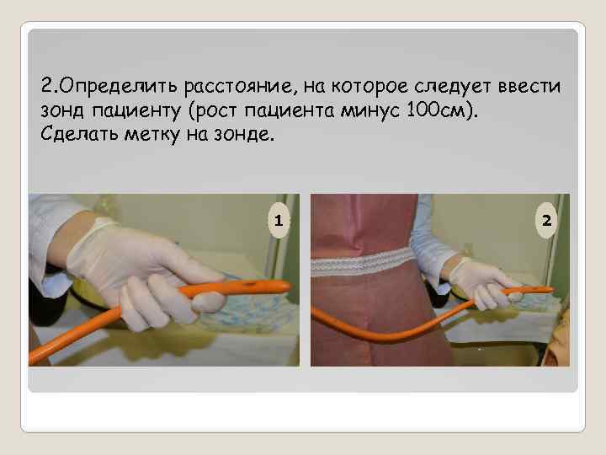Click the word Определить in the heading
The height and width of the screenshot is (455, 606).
[x=119, y=86]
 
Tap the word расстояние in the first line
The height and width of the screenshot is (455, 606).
[x=238, y=86]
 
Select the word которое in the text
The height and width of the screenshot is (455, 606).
[x=369, y=86]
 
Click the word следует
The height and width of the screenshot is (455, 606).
[x=453, y=86]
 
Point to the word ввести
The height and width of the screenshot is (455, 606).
[x=529, y=86]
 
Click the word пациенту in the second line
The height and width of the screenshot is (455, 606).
[x=136, y=111]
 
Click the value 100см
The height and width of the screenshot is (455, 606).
[x=436, y=110]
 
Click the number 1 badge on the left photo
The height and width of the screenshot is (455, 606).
[x=279, y=220]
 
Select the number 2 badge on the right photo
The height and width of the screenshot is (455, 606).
[x=546, y=220]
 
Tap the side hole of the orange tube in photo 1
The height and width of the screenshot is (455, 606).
[x=247, y=285]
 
